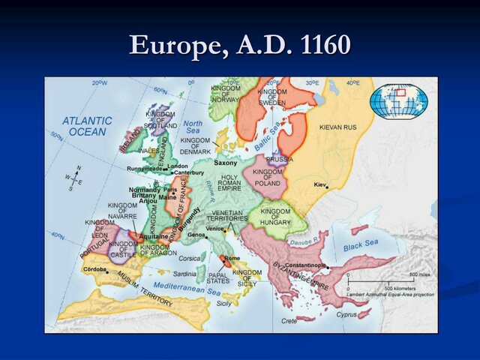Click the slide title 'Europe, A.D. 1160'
coord(240,45)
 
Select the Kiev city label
coord(320,184)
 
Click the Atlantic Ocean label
coord(88,126)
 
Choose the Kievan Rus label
coord(338,127)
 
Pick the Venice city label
coord(214,228)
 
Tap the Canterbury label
coord(188,172)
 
